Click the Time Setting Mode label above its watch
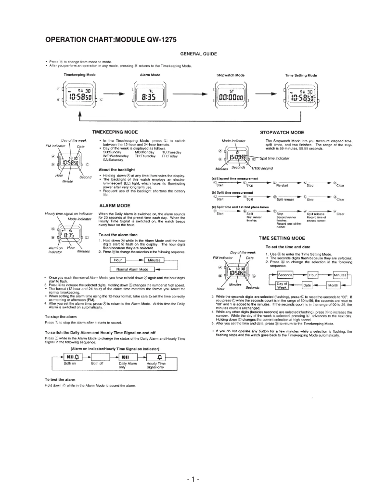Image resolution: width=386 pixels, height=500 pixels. (x=301, y=76)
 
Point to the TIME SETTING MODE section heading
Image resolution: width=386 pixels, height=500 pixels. (x=282, y=238)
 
